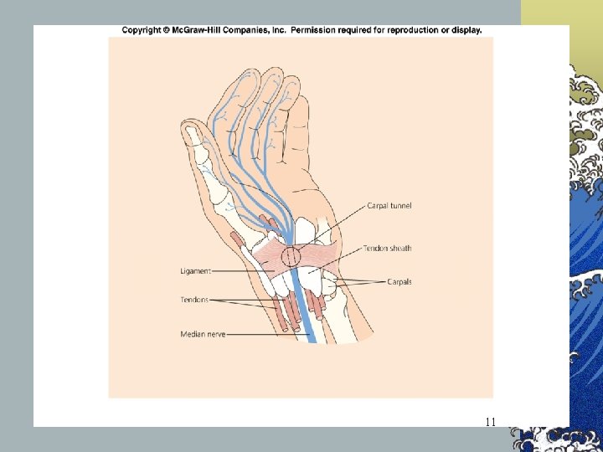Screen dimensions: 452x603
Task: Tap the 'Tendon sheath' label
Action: [387, 249]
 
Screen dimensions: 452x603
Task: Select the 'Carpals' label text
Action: [399, 282]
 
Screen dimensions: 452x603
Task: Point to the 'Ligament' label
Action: [194, 271]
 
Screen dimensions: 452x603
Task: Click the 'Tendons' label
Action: [193, 300]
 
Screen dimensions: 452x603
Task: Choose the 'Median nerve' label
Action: [202, 335]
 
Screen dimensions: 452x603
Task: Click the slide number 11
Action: [491, 422]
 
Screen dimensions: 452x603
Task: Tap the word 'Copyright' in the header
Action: [142, 30]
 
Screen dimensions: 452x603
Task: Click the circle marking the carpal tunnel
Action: [291, 257]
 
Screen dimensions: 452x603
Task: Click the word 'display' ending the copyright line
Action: [467, 30]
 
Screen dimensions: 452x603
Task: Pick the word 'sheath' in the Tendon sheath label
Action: [399, 249]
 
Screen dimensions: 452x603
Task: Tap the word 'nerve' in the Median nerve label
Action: [214, 335]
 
